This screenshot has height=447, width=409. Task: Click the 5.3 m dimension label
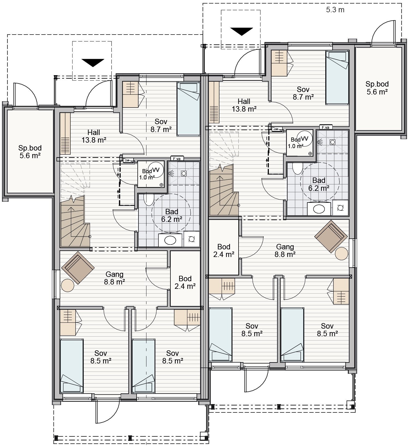click(x=335, y=10)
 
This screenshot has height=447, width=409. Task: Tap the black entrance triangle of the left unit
click(x=93, y=63)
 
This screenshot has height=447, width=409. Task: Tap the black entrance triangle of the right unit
click(x=242, y=32)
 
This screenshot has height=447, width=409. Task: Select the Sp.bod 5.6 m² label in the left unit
click(x=30, y=152)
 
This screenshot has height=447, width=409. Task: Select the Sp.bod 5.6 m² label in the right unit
click(x=377, y=88)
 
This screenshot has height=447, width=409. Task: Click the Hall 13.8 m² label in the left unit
click(x=94, y=136)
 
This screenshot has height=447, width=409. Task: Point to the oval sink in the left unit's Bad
click(x=170, y=240)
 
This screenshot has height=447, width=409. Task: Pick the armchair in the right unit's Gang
click(x=331, y=236)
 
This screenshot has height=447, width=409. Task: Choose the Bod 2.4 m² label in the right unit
click(x=224, y=250)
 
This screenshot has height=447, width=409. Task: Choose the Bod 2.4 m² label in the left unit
click(x=185, y=282)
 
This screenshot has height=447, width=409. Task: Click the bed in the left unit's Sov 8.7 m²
click(x=188, y=109)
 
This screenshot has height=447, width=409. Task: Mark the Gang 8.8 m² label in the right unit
click(x=285, y=250)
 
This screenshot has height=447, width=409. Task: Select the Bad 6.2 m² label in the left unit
click(x=172, y=215)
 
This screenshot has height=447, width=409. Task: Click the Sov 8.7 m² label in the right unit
click(x=303, y=93)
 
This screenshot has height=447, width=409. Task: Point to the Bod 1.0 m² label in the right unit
click(x=296, y=143)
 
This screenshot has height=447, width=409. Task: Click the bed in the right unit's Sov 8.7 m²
click(x=338, y=78)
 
